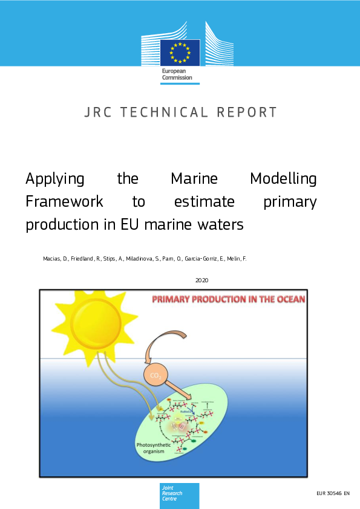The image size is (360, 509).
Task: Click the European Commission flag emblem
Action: [180, 52]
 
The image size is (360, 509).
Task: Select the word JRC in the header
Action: [98, 112]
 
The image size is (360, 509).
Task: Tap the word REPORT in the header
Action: [245, 112]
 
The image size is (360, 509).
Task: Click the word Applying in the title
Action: [55, 180]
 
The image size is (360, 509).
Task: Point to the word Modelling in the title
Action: [283, 179]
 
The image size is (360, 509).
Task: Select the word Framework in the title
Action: [64, 201]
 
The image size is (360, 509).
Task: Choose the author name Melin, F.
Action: [237, 259]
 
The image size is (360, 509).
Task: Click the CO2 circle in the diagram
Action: [154, 376]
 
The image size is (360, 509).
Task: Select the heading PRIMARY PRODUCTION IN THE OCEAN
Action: [228, 299]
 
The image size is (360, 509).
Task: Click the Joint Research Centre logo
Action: [180, 495]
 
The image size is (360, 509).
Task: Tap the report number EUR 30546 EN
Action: [333, 494]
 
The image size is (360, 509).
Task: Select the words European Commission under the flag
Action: [176, 74]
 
